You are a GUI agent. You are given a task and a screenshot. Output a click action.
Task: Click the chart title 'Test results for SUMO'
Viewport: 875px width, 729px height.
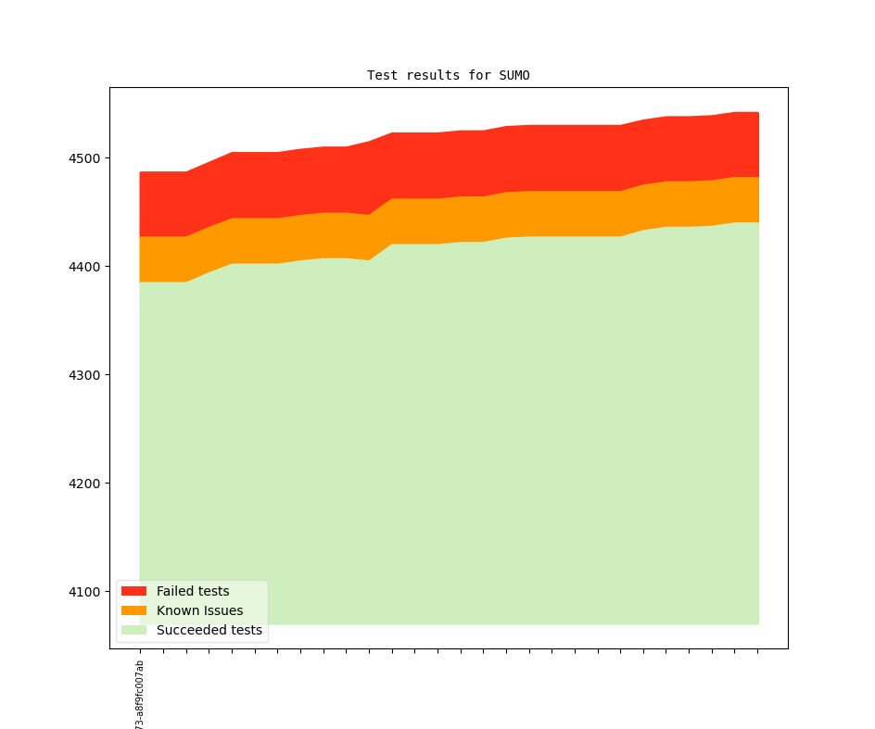pyautogui.click(x=449, y=75)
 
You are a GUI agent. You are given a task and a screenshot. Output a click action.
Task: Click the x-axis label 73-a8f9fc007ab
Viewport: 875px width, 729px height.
pyautogui.click(x=140, y=695)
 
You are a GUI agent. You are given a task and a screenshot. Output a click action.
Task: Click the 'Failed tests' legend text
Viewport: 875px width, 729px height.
pyautogui.click(x=193, y=591)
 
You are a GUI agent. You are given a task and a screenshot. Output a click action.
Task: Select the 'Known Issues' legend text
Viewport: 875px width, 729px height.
pyautogui.click(x=199, y=610)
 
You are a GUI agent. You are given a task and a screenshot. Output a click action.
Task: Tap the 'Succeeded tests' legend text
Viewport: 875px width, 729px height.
pyautogui.click(x=209, y=630)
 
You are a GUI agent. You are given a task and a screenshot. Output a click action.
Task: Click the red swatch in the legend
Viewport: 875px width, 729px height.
pyautogui.click(x=133, y=591)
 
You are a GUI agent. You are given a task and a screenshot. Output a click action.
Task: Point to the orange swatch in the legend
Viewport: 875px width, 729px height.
pyautogui.click(x=133, y=610)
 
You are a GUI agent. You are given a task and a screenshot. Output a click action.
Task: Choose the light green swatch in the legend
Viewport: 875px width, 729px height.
pyautogui.click(x=133, y=630)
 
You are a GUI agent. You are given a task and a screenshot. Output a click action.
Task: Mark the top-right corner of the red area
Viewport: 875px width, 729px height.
pyautogui.click(x=758, y=113)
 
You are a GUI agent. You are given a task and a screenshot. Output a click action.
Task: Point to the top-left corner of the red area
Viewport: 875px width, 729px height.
pyautogui.click(x=140, y=172)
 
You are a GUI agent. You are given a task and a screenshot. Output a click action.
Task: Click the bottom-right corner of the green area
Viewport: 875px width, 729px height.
pyautogui.click(x=758, y=623)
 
